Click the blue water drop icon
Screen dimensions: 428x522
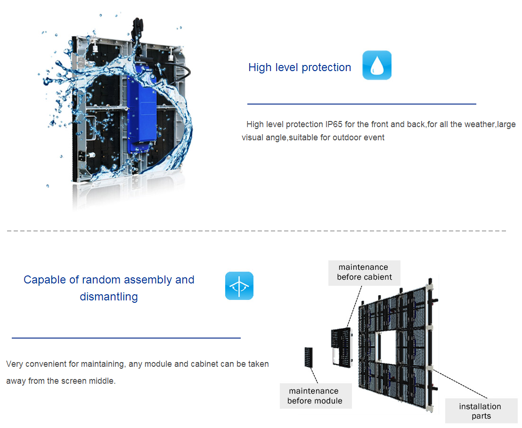pyautogui.click(x=376, y=65)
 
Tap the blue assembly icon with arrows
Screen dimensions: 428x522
pyautogui.click(x=239, y=286)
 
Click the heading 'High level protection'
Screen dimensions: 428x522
pyautogui.click(x=300, y=67)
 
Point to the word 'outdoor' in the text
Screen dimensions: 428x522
pyautogui.click(x=347, y=137)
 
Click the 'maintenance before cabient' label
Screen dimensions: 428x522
pyautogui.click(x=364, y=272)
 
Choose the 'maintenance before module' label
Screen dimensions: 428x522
pyautogui.click(x=315, y=396)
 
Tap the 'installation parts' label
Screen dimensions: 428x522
pyautogui.click(x=481, y=411)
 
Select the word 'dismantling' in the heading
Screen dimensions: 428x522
pyautogui.click(x=109, y=297)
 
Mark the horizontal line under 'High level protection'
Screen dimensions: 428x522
pyautogui.click(x=361, y=104)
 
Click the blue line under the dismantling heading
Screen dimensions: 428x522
pyautogui.click(x=126, y=338)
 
